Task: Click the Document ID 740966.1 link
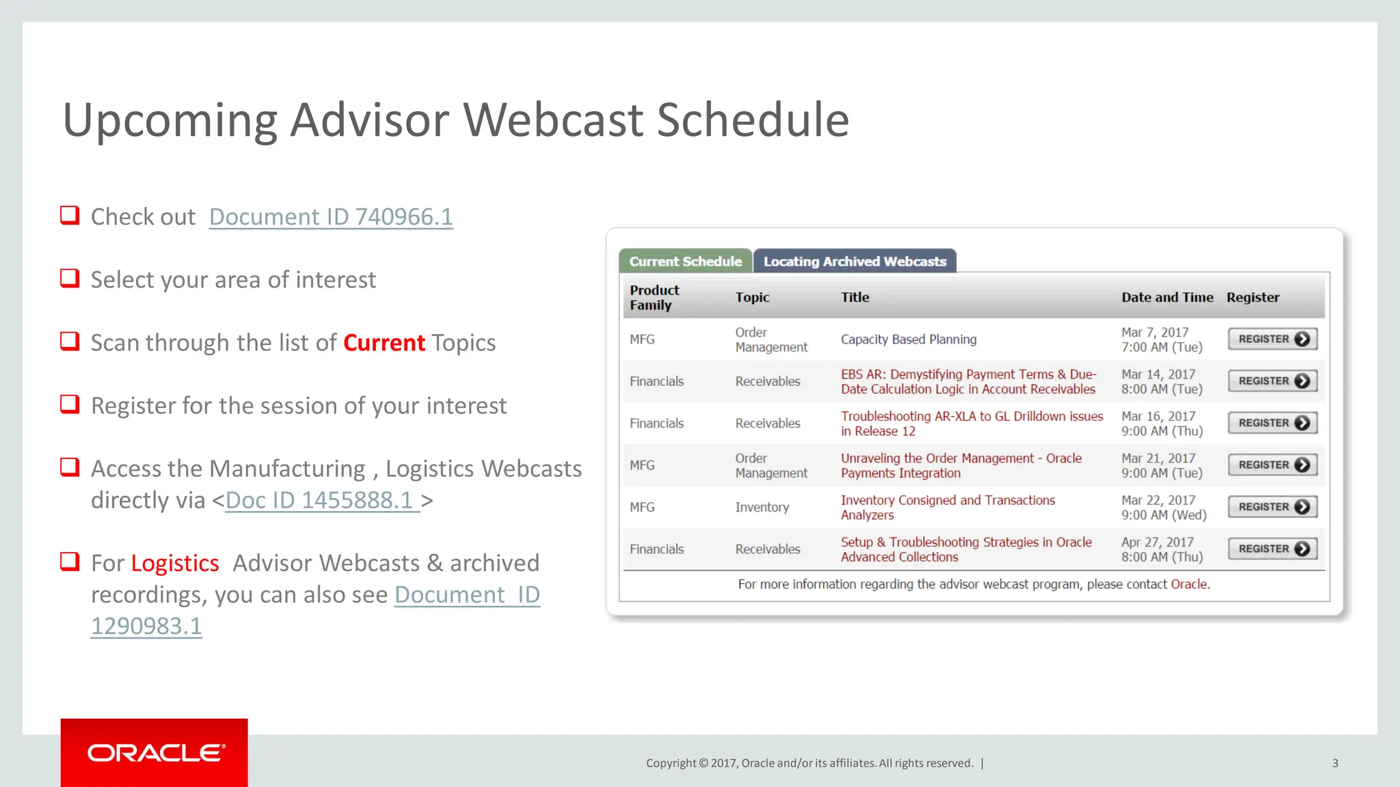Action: (331, 217)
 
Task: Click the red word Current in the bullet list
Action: (383, 343)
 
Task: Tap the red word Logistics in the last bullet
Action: (175, 564)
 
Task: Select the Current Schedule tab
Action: (685, 262)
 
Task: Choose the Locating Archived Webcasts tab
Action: (854, 262)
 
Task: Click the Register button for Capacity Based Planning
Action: (1272, 340)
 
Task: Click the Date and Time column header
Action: (1167, 298)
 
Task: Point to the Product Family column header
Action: (654, 298)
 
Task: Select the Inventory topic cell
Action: (762, 508)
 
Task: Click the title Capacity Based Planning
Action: (908, 340)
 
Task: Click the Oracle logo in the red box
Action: (154, 753)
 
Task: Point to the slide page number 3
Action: (1334, 763)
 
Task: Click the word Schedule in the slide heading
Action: (752, 120)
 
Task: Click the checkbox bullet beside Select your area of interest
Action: (70, 278)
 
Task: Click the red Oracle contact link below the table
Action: (1189, 585)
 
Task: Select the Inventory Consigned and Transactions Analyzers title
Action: (947, 508)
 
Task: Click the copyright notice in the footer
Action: (809, 763)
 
